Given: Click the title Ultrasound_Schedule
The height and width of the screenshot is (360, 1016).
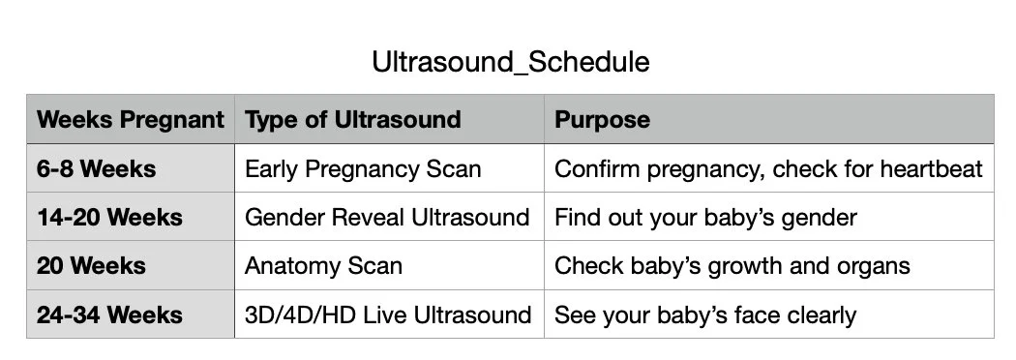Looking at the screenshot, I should [x=510, y=63].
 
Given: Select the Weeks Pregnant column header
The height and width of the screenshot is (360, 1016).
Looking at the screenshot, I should [x=130, y=120].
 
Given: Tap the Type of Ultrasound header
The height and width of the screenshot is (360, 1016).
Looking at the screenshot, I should [x=352, y=120].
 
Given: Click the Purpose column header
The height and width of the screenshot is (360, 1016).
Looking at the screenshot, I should [x=602, y=120].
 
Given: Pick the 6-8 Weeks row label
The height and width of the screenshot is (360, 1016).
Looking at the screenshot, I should [x=96, y=168].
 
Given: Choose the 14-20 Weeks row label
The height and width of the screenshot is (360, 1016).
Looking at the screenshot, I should [x=109, y=217].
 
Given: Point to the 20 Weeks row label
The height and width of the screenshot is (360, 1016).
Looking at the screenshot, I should [x=91, y=265].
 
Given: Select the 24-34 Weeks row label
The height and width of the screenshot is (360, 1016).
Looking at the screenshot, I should [x=109, y=315].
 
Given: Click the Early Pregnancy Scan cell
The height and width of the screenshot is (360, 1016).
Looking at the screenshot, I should [x=363, y=168].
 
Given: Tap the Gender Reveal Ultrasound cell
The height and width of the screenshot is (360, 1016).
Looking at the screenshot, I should [x=387, y=217].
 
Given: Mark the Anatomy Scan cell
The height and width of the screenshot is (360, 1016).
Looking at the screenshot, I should [x=323, y=265].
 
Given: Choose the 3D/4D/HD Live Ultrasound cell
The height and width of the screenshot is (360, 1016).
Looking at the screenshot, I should [x=388, y=315].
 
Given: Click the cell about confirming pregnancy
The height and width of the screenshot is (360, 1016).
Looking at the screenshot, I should [x=768, y=168].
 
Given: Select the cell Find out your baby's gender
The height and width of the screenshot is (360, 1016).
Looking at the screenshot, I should [x=705, y=217].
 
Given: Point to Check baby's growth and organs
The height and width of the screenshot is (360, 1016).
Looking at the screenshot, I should [x=732, y=265].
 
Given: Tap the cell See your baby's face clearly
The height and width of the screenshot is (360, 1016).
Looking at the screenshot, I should [x=704, y=315].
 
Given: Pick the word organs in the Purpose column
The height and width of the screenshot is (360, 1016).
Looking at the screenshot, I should [x=875, y=266].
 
